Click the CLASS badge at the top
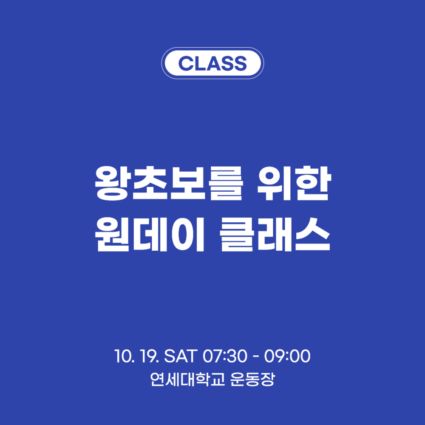pos(212,63)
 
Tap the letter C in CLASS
pos(185,63)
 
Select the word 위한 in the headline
pos(294,183)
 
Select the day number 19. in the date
pos(149,356)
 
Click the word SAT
pos(181,356)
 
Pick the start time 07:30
pos(225,356)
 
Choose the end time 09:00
pos(287,356)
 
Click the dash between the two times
pos(256,357)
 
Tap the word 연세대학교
pos(187,379)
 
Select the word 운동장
pos(252,379)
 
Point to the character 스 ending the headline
pos(312,234)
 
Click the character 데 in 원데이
pos(150,234)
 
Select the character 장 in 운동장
pos(267,379)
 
